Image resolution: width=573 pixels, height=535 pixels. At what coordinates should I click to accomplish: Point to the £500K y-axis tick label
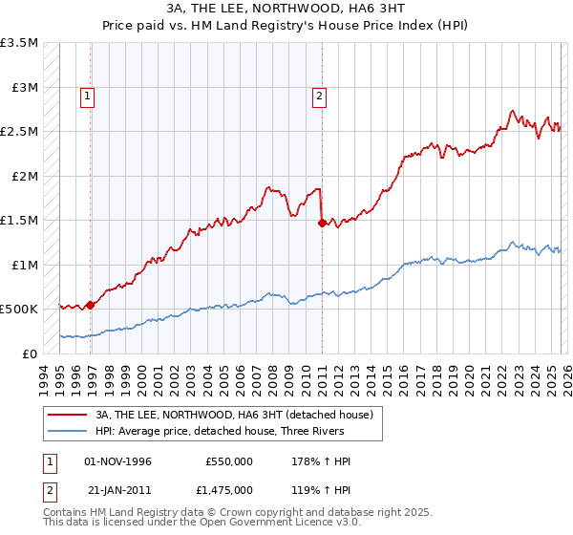click(19, 310)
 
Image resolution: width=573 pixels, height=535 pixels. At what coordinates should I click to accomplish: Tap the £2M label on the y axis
click(25, 176)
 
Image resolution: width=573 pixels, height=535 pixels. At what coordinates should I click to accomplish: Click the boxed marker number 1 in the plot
click(87, 95)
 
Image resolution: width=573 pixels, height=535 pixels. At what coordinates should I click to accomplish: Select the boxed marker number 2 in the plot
click(318, 95)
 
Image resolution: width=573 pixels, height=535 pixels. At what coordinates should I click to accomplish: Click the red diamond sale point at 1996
click(91, 305)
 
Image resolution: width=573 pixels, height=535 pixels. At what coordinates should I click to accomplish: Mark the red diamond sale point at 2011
click(322, 223)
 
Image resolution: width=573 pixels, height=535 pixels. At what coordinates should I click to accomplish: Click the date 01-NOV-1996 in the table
click(117, 461)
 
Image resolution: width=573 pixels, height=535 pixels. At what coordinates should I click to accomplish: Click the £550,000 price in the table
click(229, 461)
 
